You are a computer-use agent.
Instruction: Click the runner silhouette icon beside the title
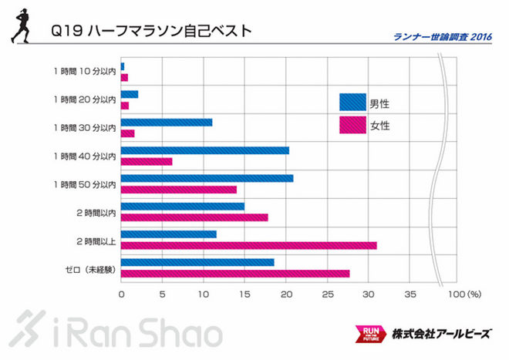pos(22,29)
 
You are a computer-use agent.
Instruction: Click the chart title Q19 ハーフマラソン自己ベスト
pos(150,32)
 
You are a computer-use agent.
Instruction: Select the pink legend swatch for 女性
pos(352,125)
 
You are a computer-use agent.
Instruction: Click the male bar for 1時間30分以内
pos(167,123)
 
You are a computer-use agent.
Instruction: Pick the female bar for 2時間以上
pos(249,245)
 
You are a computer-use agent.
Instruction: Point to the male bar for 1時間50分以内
pos(207,178)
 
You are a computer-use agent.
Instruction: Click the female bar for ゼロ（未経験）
pos(235,274)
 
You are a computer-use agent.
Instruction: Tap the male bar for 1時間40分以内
pos(205,150)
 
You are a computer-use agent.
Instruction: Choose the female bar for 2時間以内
pos(194,217)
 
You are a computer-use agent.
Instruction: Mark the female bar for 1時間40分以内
pos(147,161)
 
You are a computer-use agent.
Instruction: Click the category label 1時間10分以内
pos(85,72)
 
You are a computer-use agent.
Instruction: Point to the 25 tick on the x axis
pos(328,294)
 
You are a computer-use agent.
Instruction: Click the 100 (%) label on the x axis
pos(463,294)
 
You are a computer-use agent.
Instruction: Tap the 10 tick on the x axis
pos(204,294)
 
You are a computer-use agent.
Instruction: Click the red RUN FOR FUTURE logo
pos(367,334)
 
